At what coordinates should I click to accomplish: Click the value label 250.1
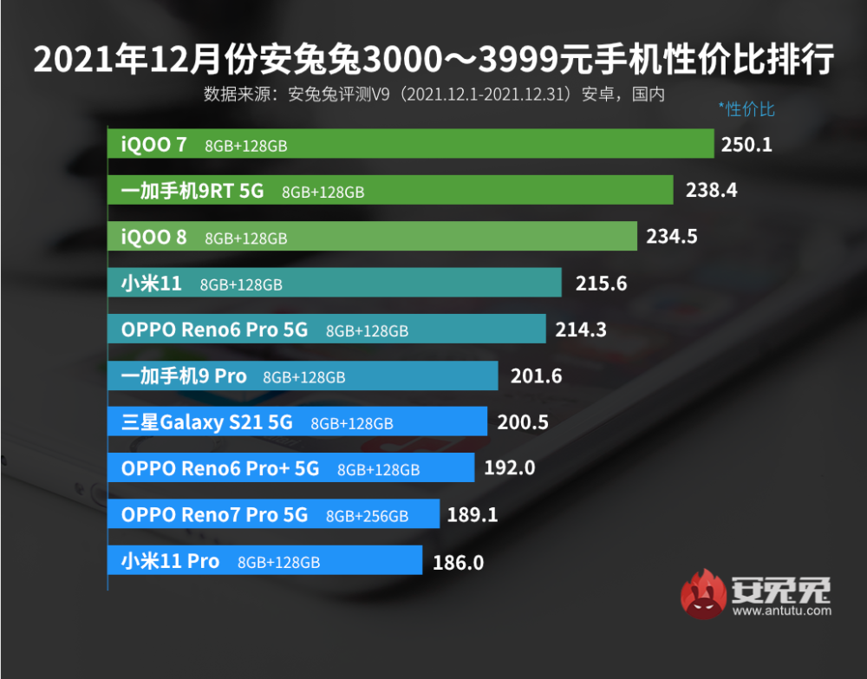[746, 144]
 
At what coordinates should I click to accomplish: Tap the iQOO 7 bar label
[153, 144]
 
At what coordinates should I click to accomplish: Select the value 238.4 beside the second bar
[711, 190]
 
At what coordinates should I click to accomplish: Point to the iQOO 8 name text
[153, 237]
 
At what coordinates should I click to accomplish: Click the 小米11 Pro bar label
[170, 561]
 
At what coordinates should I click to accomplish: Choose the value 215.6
[601, 284]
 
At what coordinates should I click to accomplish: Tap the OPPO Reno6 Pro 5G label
[214, 330]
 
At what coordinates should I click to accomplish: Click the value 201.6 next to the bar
[537, 375]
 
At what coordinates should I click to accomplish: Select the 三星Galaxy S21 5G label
[207, 422]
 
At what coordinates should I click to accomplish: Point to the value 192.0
[510, 468]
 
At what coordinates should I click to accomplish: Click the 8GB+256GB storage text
[367, 516]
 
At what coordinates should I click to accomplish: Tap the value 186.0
[458, 562]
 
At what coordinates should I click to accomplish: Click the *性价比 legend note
[746, 109]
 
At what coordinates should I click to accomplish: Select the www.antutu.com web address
[781, 610]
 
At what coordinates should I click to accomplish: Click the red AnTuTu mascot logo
[703, 594]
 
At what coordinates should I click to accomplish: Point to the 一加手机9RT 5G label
[192, 191]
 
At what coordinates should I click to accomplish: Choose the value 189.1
[473, 515]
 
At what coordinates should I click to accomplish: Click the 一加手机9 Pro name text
[184, 376]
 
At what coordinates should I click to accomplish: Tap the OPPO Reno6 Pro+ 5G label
[220, 469]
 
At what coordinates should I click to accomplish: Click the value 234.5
[671, 236]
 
